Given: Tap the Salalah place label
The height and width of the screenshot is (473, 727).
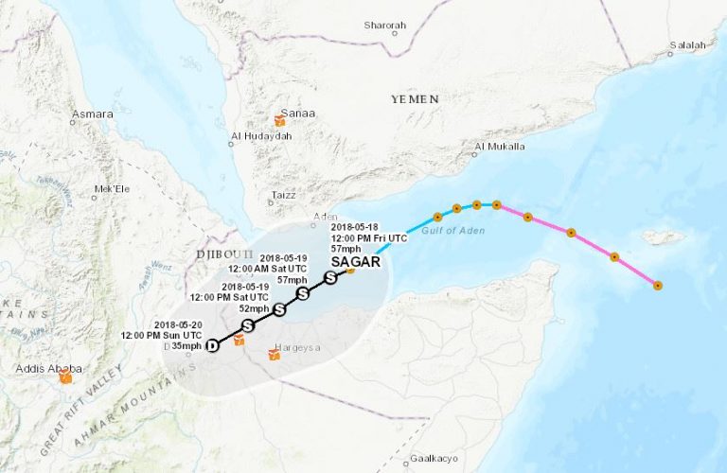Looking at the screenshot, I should coord(688,44).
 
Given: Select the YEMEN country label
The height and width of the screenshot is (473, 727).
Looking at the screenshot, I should coord(414,98).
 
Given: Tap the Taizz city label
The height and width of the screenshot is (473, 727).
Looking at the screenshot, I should coord(283,195).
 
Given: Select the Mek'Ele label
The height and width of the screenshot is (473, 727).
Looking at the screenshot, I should coord(111,189).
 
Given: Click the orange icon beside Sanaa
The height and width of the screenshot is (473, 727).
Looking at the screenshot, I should coord(279,121).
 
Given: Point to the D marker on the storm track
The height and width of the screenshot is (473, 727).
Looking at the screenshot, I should coord(212,345).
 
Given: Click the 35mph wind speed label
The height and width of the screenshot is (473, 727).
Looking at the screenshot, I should coord(186,346).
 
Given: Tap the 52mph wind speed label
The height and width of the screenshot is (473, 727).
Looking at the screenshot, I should coord(253,308).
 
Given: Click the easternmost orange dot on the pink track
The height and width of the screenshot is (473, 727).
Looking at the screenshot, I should coord(657,285).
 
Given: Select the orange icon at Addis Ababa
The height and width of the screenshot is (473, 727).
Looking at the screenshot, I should coord(65,377).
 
